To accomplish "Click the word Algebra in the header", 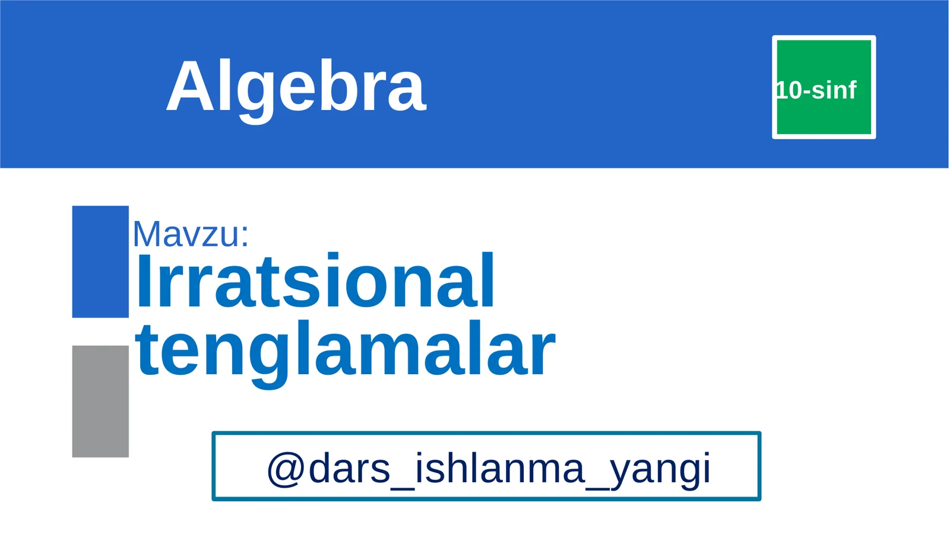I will (x=296, y=87).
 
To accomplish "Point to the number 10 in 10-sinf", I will (x=789, y=90).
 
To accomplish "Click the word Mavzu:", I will (x=190, y=234).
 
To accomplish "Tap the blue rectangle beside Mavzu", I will (x=100, y=261).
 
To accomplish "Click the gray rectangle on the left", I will (x=100, y=401).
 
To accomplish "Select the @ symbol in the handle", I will (x=286, y=469).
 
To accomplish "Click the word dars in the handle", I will (x=349, y=469).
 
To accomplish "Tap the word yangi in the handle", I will (x=660, y=470).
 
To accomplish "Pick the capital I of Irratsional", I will (x=143, y=281).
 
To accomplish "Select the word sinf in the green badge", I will (x=834, y=90).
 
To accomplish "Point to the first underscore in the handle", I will (x=403, y=486).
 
